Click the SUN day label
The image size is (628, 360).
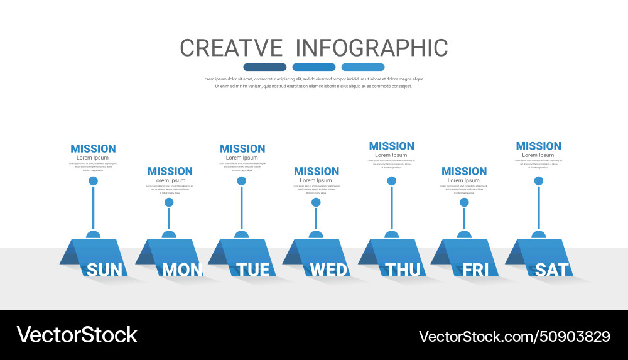[104, 270]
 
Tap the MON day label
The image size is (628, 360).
[182, 270]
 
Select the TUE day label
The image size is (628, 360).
[253, 270]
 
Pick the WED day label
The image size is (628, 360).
[328, 270]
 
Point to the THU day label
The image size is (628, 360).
[403, 270]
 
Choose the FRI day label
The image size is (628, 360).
[475, 270]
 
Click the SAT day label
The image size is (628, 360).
[552, 270]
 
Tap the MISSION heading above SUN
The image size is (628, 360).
[93, 149]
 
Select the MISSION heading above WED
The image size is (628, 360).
[317, 171]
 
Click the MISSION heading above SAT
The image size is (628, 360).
[538, 146]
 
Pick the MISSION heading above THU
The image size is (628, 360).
[391, 146]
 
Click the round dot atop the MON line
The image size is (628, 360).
[169, 202]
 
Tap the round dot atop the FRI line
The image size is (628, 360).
[464, 202]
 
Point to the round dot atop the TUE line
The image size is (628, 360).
[241, 181]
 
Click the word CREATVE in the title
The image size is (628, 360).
[231, 48]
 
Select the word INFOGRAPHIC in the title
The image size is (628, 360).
[371, 48]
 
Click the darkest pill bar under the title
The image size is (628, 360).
[264, 67]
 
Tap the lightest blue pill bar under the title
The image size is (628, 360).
[363, 67]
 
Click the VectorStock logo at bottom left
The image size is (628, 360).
[77, 334]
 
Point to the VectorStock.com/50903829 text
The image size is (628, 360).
[514, 336]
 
